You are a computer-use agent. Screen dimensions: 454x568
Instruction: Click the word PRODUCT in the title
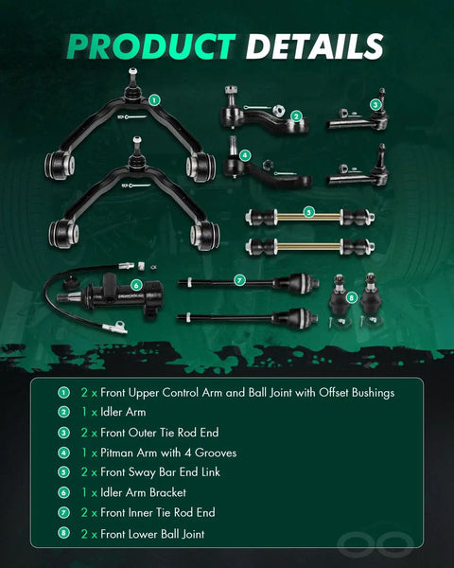pos(151,46)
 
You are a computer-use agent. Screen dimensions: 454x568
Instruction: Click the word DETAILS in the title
pos(314,46)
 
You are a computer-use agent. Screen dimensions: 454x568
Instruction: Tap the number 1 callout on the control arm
pos(154,100)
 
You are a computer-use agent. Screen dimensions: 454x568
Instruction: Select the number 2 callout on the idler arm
pos(296,116)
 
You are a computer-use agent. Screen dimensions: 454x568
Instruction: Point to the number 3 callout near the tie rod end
pos(375,105)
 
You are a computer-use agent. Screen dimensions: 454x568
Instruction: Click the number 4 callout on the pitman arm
pos(245,155)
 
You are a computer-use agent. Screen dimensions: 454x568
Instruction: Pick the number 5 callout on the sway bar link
pos(308,212)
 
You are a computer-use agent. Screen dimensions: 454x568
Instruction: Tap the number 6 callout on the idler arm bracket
pos(136,286)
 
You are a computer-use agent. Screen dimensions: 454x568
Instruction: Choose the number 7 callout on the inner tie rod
pos(239,280)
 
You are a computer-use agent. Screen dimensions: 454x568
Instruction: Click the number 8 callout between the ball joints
pos(352,298)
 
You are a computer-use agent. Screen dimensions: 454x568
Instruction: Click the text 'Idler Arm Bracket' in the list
pos(144,492)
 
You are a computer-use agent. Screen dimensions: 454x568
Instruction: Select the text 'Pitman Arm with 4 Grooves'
pos(168,453)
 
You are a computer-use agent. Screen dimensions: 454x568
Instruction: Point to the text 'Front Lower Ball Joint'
pos(152,534)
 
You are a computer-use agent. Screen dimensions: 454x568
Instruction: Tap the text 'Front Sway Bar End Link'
pos(161,472)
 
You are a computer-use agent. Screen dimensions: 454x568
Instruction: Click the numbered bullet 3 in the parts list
pos(63,433)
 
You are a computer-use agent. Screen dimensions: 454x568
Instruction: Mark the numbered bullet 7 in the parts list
pos(63,512)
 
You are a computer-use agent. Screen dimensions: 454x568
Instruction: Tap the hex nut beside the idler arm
pos(277,110)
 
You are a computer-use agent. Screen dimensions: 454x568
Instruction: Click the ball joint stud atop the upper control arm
pos(132,77)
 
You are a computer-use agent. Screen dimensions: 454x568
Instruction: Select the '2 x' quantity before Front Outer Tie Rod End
pos(89,433)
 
